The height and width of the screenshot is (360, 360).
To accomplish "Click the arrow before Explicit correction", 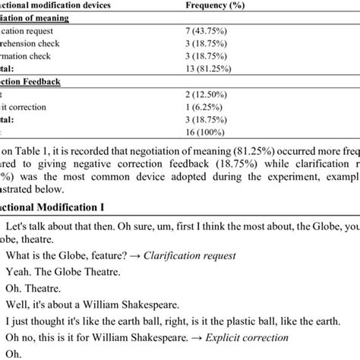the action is [x=240, y=336].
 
